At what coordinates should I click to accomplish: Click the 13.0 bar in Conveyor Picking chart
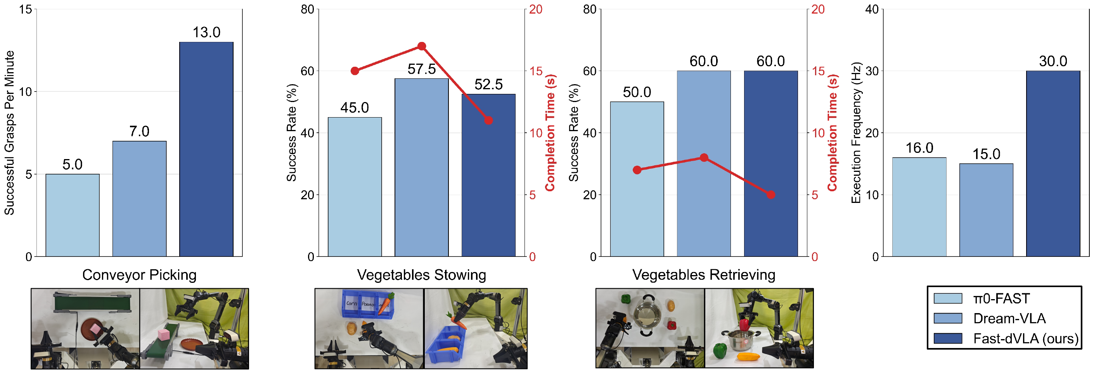point(206,149)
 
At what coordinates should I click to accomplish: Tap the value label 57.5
point(421,69)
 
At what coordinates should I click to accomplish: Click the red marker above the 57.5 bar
point(421,46)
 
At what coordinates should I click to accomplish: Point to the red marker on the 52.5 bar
point(488,121)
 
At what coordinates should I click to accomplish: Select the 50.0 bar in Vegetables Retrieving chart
point(637,179)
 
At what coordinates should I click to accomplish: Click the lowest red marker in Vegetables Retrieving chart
point(770,195)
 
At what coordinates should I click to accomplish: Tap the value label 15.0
point(986,154)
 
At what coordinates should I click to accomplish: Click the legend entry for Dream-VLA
point(1009,319)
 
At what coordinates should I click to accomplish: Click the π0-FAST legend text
point(1001,298)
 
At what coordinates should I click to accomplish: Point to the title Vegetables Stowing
point(421,275)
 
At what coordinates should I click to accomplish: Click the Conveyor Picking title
point(139,275)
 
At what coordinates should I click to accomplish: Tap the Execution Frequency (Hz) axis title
point(856,133)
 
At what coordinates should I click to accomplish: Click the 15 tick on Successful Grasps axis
point(26,9)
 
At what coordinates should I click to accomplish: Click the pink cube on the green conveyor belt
point(164,334)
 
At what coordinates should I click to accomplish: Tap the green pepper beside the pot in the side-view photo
point(720,350)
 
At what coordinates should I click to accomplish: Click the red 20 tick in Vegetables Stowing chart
point(535,9)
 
